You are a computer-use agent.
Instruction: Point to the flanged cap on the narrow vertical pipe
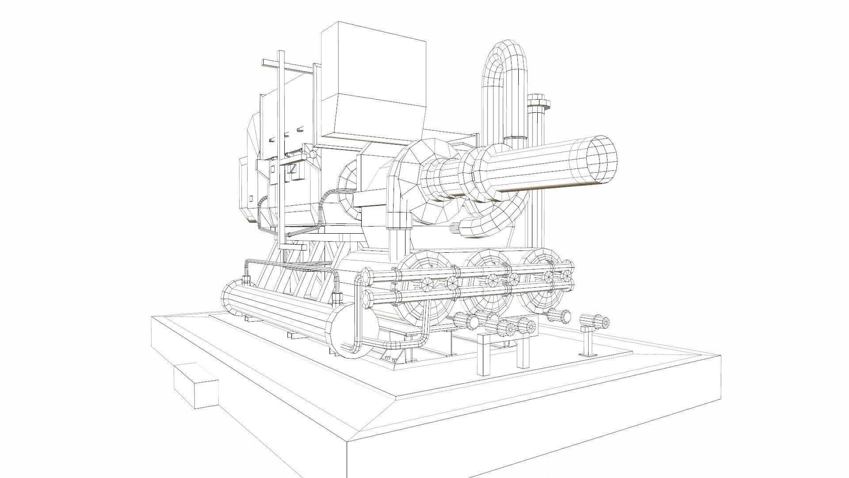539,103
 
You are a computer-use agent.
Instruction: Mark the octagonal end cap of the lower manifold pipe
366,299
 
